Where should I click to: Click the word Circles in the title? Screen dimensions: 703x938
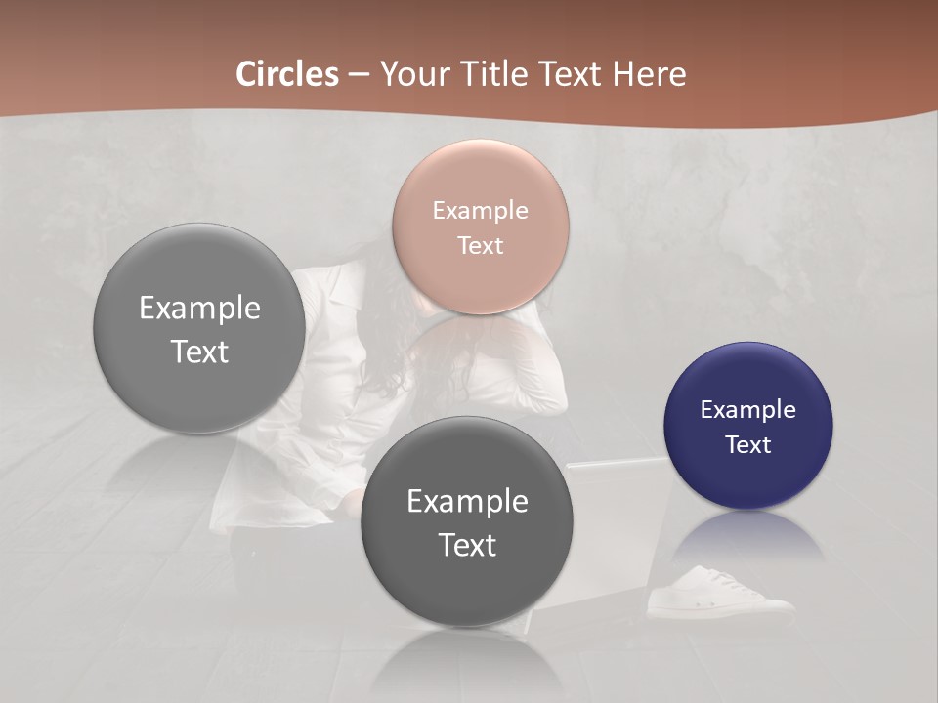287,74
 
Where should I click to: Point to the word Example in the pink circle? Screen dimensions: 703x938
480,210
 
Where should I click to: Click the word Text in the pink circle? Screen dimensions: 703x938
480,245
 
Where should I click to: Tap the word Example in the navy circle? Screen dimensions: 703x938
748,409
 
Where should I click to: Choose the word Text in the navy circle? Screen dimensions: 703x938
748,444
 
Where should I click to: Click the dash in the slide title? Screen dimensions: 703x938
359,75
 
